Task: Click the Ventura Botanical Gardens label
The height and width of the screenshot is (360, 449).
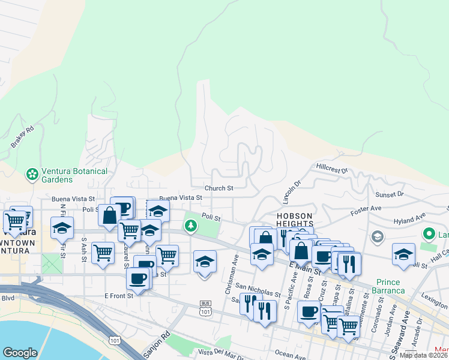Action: pos(74,175)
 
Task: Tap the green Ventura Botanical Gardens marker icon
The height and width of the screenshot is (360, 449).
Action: pos(32,175)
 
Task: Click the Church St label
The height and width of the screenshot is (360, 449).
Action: pos(218,188)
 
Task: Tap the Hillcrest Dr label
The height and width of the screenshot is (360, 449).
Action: pos(332,169)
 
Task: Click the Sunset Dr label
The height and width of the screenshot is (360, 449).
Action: pos(390,194)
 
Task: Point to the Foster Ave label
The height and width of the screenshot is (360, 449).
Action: pos(367,209)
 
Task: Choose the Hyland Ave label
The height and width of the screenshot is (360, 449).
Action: pos(409,218)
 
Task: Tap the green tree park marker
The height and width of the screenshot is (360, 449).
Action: pos(191,226)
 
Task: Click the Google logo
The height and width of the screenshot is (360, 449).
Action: pos(20,353)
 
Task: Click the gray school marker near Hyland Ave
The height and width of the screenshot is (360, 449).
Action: pos(376,236)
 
